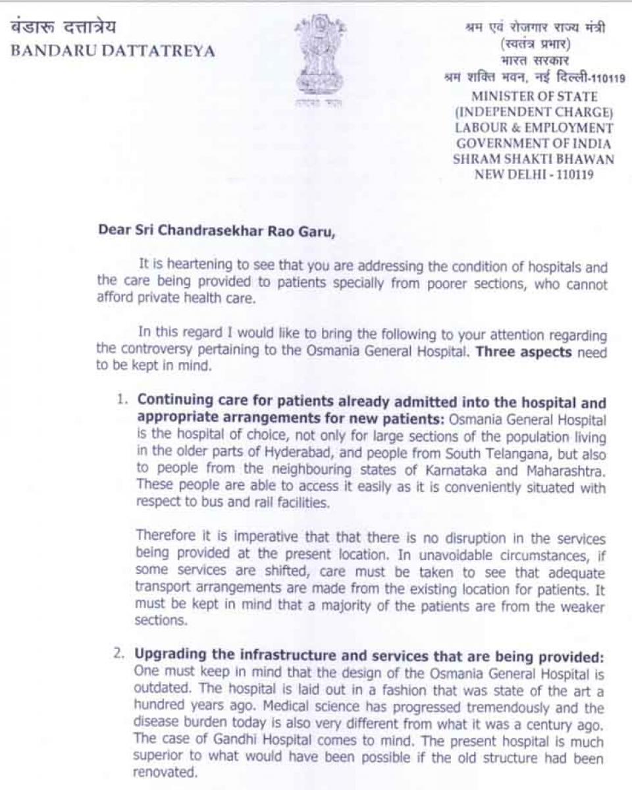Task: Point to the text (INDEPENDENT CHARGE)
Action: pos(534,113)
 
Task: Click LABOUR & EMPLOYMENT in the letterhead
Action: pos(534,128)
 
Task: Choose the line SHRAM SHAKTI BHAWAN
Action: pos(534,159)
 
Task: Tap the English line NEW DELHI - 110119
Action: pos(534,174)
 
